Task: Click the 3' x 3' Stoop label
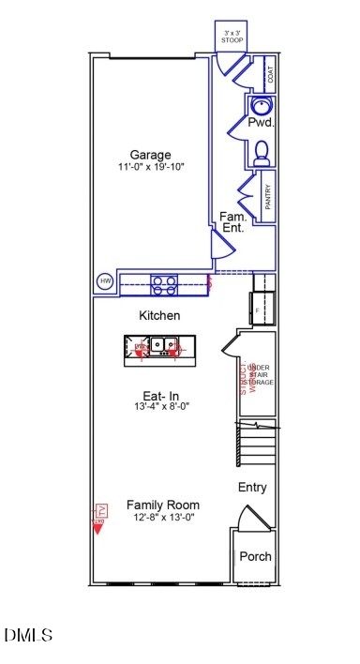pos(231,37)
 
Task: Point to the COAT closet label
pos(270,74)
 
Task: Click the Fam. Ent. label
pos(233,222)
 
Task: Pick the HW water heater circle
pos(105,281)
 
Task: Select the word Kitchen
pos(159,316)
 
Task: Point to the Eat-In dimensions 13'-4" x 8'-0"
pos(160,407)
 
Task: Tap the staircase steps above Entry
pos(257,445)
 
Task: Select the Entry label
pos(252,488)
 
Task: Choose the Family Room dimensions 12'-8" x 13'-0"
pos(162,517)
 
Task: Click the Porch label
pos(255,556)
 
